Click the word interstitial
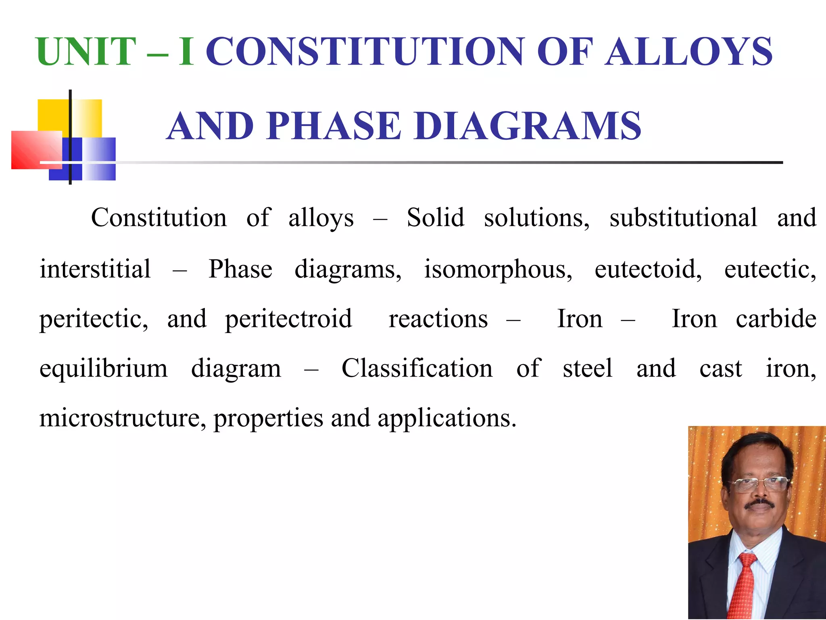[x=95, y=269]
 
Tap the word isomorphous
[x=498, y=269]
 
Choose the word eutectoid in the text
[x=648, y=269]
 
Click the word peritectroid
[x=288, y=319]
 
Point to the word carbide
[x=776, y=319]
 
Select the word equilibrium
[x=103, y=369]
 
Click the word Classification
[x=417, y=369]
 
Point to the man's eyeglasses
[x=760, y=484]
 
